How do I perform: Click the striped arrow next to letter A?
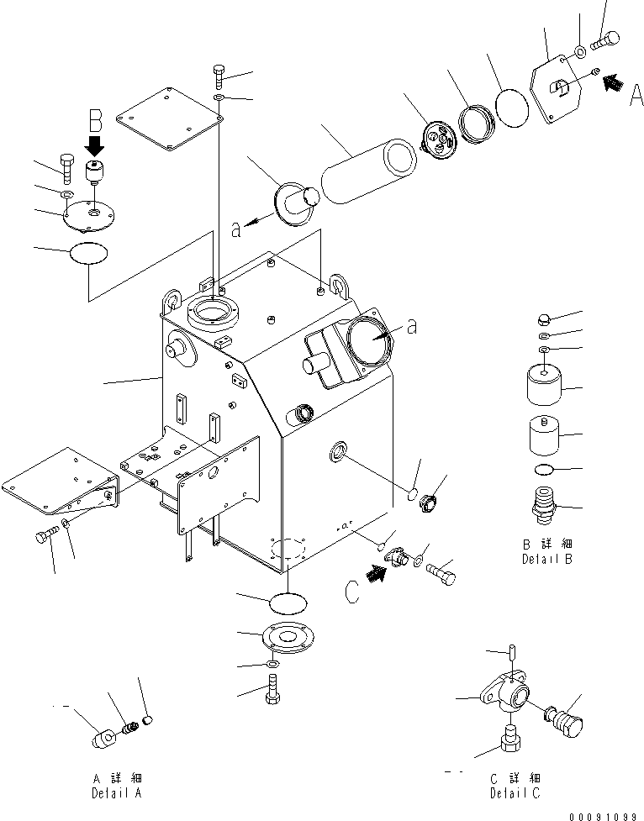point(615,82)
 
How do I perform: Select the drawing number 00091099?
point(604,814)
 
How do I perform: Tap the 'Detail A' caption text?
point(117,792)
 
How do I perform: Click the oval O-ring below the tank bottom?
point(288,604)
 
